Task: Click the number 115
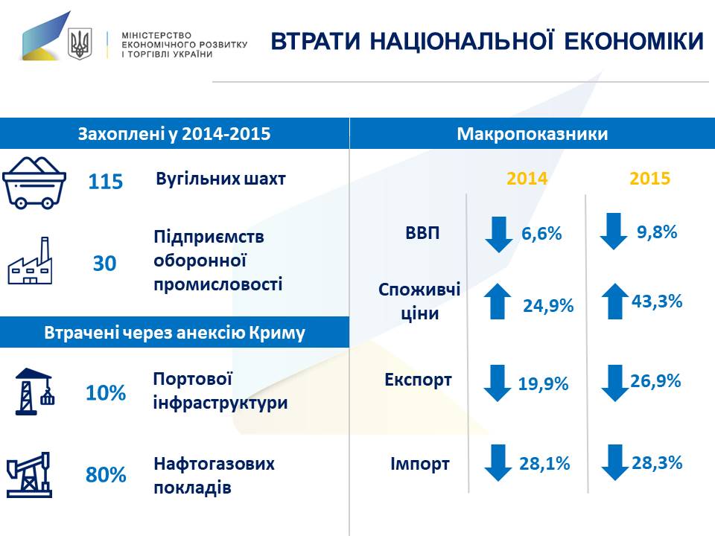tap(105, 182)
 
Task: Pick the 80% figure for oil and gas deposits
tap(106, 475)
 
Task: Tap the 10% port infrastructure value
tap(106, 393)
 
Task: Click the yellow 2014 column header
tap(527, 179)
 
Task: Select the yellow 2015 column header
tap(650, 179)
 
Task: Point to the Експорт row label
tap(418, 380)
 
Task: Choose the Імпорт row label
tap(420, 465)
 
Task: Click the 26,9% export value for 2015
tap(656, 381)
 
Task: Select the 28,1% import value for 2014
tap(544, 464)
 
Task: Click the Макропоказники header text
tap(532, 134)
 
